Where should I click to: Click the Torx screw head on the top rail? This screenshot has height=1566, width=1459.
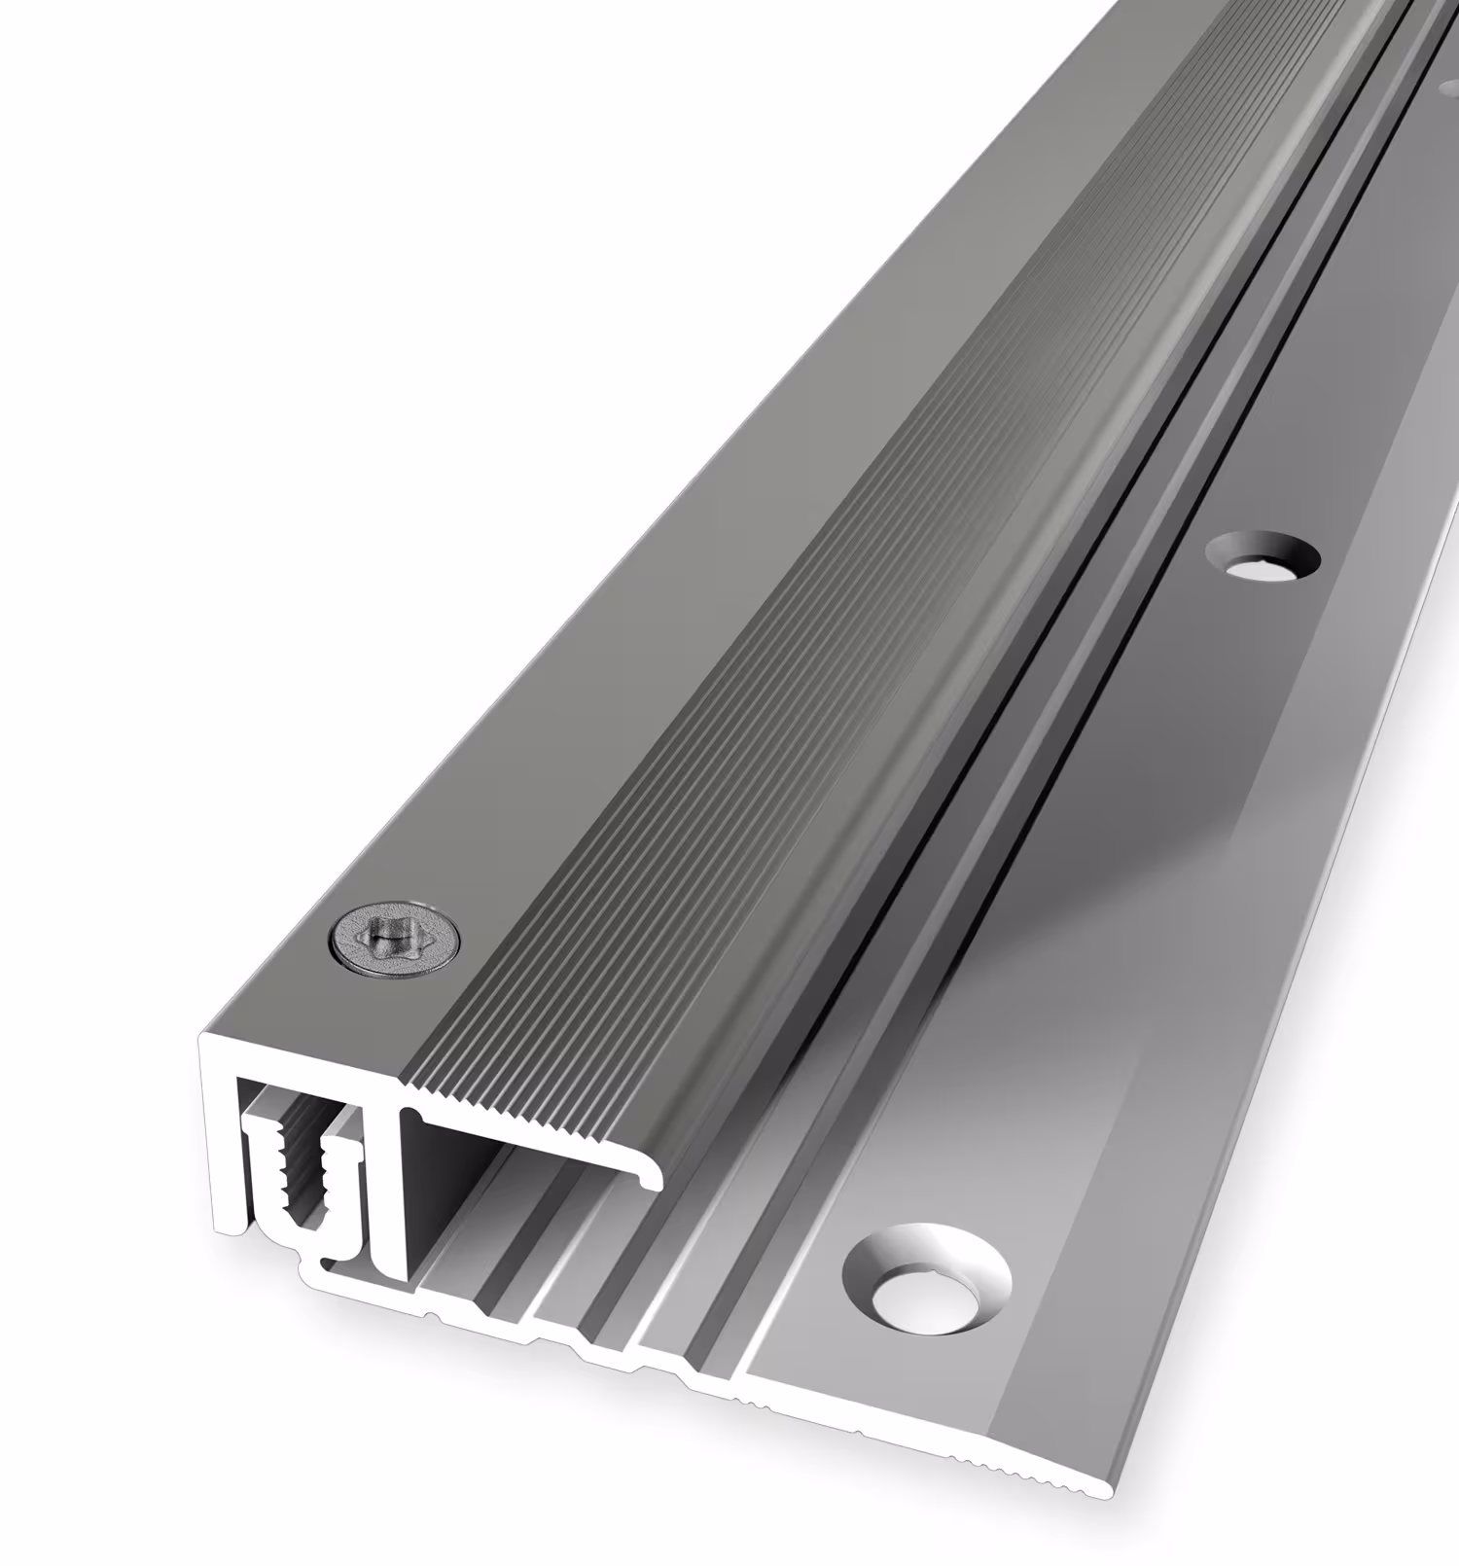point(395,940)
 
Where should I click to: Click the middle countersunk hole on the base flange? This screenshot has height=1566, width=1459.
point(1262,558)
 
